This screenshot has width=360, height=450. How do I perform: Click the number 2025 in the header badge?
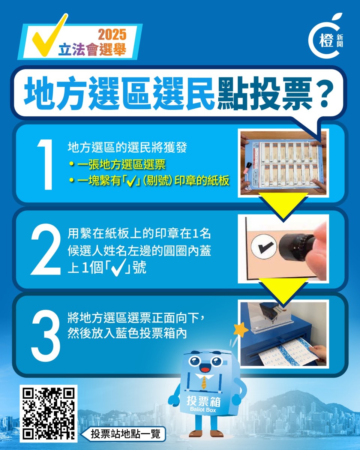tap(112, 35)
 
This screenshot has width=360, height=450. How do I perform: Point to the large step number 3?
tap(46, 333)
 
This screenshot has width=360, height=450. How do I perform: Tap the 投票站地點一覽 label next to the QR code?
tap(125, 434)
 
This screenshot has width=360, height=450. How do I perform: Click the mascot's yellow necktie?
tap(204, 382)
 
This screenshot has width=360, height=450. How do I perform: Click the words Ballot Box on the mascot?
tap(204, 409)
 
